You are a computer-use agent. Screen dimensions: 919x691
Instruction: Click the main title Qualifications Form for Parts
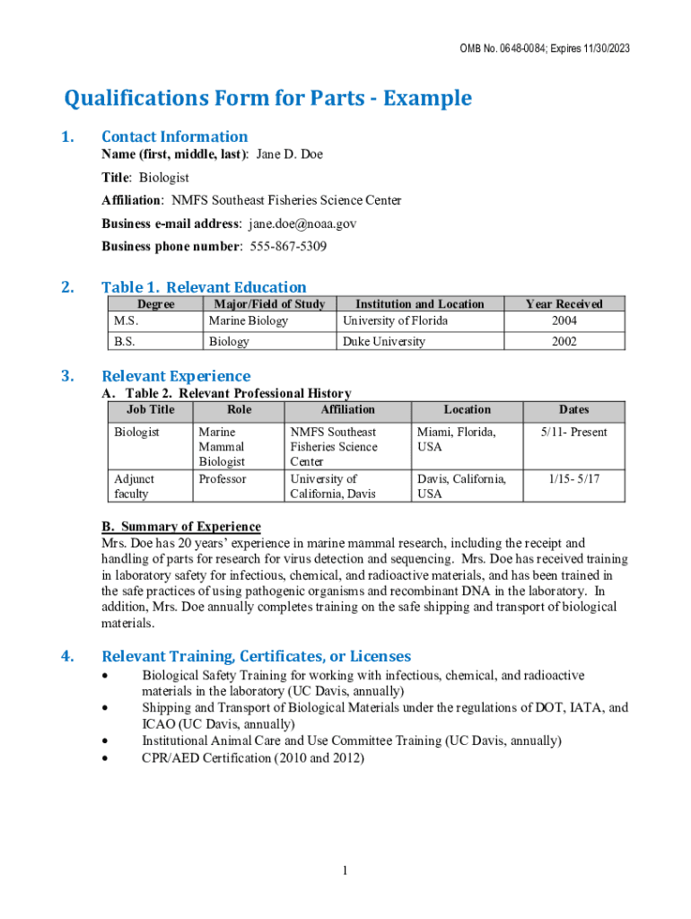(x=267, y=98)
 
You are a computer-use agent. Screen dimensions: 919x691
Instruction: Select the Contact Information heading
(x=174, y=136)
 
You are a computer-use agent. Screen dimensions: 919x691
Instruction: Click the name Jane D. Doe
(x=290, y=154)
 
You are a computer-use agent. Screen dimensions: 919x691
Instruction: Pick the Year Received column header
(x=564, y=304)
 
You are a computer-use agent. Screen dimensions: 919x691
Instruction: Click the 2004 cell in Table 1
(x=564, y=320)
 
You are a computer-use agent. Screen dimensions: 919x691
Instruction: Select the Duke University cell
(x=384, y=341)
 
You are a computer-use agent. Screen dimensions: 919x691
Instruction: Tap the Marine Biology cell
(x=249, y=320)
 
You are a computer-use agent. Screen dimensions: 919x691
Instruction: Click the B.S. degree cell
(x=126, y=341)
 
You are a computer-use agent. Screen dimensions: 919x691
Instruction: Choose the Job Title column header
(x=150, y=409)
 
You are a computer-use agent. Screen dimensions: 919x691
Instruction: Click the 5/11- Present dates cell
(x=573, y=432)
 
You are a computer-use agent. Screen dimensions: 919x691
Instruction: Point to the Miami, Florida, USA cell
(x=456, y=439)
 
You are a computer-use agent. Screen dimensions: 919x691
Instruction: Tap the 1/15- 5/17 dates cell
(x=573, y=479)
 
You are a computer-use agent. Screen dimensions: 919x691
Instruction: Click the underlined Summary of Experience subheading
(x=181, y=527)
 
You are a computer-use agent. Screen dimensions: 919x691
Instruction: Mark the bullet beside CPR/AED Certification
(x=108, y=758)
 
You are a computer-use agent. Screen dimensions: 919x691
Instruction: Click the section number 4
(x=67, y=656)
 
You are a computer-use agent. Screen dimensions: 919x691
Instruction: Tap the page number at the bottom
(x=345, y=871)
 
